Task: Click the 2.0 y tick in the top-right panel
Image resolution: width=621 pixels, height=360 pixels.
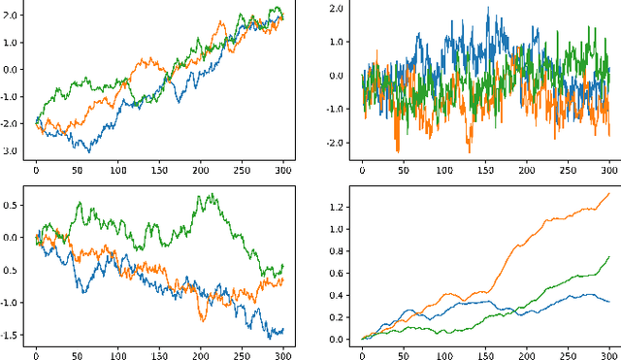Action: click(x=338, y=9)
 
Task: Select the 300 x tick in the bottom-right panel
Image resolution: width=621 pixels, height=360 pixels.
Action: click(x=609, y=353)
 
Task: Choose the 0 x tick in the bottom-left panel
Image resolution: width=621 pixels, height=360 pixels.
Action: click(x=37, y=353)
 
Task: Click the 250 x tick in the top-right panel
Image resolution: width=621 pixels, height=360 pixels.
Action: click(x=569, y=171)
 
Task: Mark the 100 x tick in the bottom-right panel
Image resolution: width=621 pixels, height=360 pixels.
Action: click(x=444, y=353)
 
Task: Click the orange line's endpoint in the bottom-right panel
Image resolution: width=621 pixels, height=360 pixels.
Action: click(x=609, y=193)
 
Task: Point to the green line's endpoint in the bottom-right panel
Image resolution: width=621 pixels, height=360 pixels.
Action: click(x=609, y=256)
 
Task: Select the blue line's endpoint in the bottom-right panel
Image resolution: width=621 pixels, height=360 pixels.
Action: click(x=609, y=302)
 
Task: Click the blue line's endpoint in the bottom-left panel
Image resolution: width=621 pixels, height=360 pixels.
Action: click(x=283, y=330)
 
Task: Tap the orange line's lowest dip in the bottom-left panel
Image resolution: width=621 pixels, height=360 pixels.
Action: click(x=204, y=320)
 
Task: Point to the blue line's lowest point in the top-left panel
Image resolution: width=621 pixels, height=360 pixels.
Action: click(x=89, y=152)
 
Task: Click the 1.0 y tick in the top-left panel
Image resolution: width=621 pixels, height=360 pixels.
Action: click(x=13, y=43)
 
